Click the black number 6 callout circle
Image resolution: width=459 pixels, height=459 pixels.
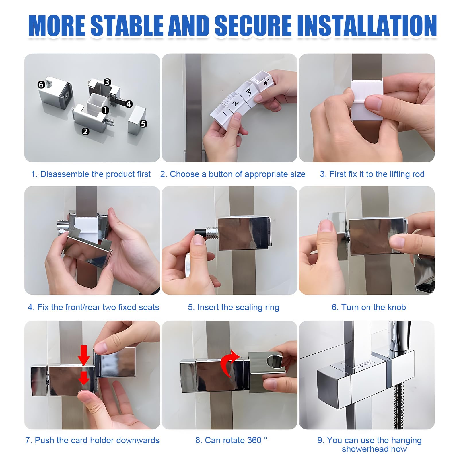(41, 85)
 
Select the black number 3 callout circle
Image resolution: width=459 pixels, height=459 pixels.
(107, 82)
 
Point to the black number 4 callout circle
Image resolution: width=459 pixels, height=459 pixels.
(129, 104)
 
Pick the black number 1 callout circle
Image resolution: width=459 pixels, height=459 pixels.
(106, 110)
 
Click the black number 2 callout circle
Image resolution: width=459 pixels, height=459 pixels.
(85, 131)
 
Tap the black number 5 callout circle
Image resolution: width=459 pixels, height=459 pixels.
(143, 124)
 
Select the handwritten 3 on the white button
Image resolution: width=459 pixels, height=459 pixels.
(249, 92)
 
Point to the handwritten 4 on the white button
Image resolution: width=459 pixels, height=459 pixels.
(266, 83)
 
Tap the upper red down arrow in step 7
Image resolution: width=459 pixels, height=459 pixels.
(84, 355)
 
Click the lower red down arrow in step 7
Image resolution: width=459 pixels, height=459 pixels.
(84, 378)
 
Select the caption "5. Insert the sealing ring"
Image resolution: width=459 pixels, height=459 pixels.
(234, 307)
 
